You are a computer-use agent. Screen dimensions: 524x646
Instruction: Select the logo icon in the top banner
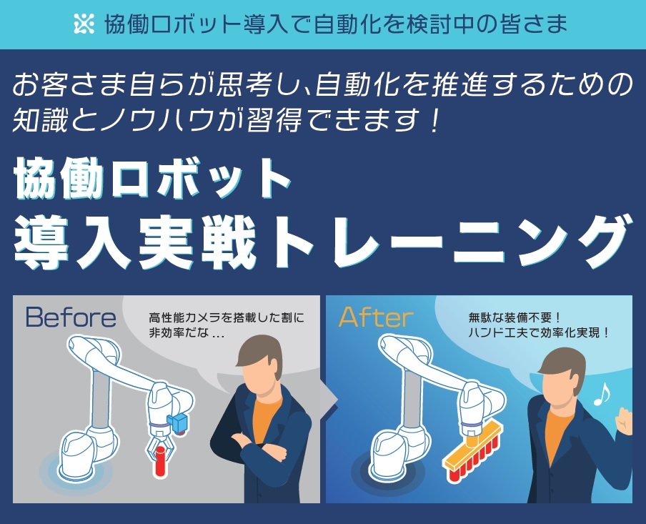pyautogui.click(x=84, y=24)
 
